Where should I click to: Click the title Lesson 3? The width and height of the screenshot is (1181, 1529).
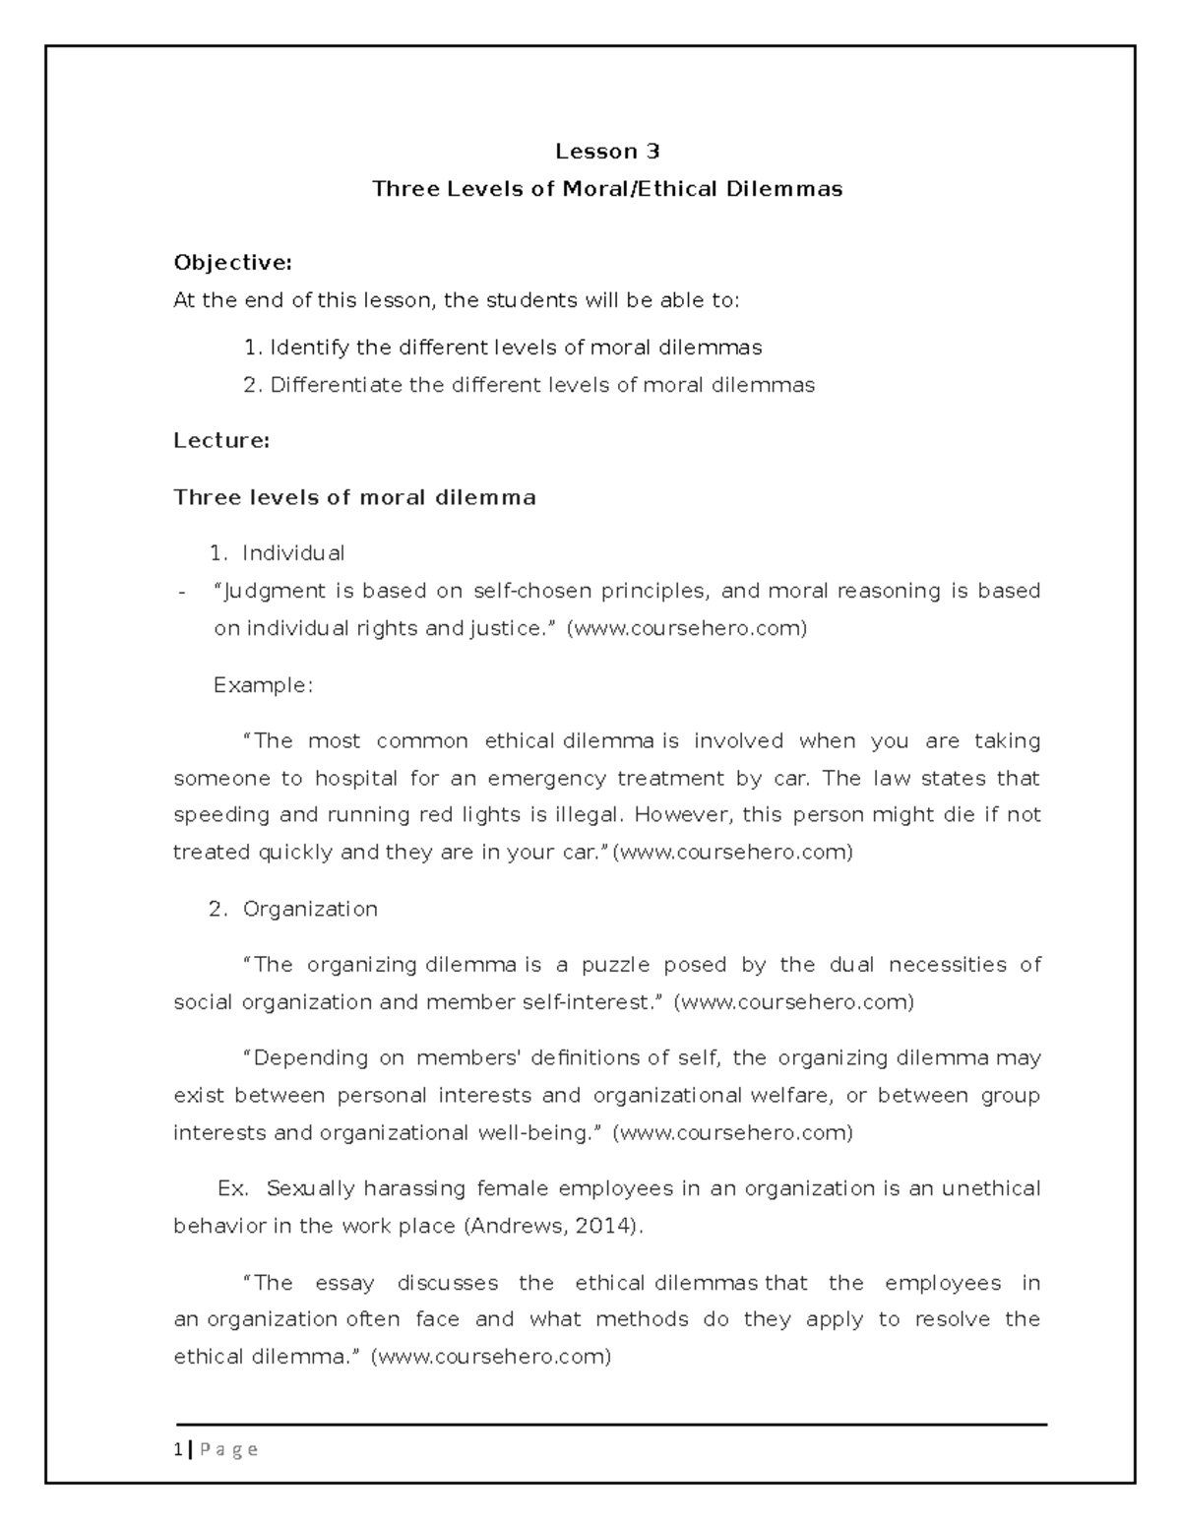tap(607, 152)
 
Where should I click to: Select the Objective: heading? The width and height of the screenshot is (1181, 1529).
tap(232, 263)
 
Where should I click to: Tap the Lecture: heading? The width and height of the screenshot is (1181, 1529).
tap(221, 441)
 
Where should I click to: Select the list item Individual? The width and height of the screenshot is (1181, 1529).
tap(293, 553)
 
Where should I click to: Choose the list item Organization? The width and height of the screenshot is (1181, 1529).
tap(310, 909)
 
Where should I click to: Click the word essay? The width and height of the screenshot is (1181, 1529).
tap(344, 1283)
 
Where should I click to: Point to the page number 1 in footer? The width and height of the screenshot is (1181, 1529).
tap(177, 1449)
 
